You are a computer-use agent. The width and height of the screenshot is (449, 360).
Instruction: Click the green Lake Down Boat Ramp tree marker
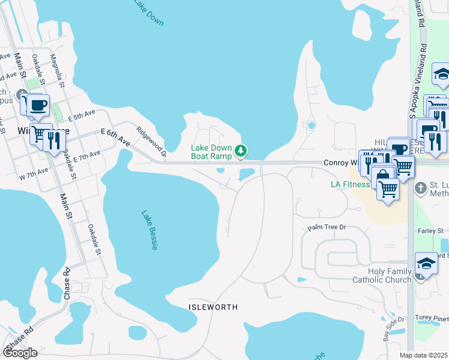241,150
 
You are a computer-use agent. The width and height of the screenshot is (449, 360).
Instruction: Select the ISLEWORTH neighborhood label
213,307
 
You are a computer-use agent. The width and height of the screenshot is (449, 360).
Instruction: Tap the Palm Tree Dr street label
327,227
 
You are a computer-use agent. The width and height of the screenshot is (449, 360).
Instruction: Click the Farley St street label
431,230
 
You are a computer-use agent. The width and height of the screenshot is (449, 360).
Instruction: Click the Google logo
20,353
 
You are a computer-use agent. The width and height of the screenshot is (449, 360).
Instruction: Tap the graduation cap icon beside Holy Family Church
426,263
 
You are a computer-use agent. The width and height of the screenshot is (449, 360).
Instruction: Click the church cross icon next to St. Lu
421,187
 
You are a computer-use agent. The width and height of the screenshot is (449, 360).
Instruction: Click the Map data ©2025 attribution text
424,355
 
